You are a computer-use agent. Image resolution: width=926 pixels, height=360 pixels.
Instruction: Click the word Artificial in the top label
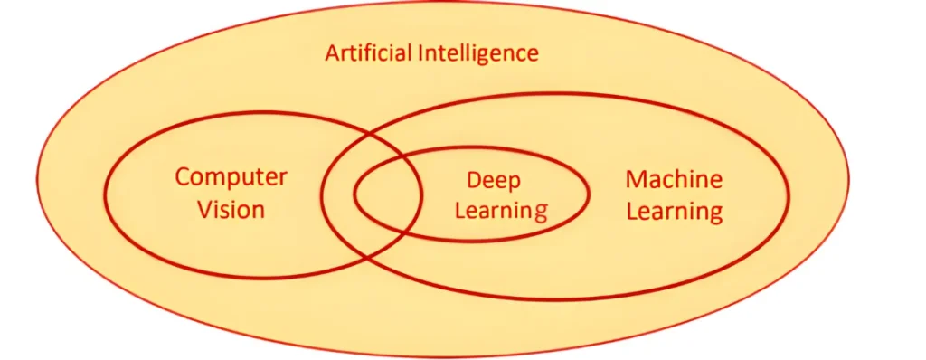pos(369,52)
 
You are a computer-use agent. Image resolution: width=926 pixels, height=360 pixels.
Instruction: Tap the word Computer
pos(231,176)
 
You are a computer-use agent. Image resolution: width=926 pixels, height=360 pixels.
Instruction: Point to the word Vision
pos(231,210)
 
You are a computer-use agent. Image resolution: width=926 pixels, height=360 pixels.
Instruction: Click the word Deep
pos(494,181)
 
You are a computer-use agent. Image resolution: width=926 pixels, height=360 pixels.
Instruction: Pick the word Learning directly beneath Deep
pos(501,212)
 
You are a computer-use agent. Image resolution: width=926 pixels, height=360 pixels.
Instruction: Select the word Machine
pos(674,179)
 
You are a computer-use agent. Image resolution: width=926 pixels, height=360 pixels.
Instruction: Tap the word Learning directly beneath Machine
pos(674,213)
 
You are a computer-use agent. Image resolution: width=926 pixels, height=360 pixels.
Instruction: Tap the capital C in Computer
pos(183,176)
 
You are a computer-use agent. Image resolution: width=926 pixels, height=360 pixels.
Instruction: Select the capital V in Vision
pos(203,210)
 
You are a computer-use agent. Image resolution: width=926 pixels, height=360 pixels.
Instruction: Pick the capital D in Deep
pos(473,181)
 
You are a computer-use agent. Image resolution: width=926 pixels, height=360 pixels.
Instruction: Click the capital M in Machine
pos(634,179)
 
